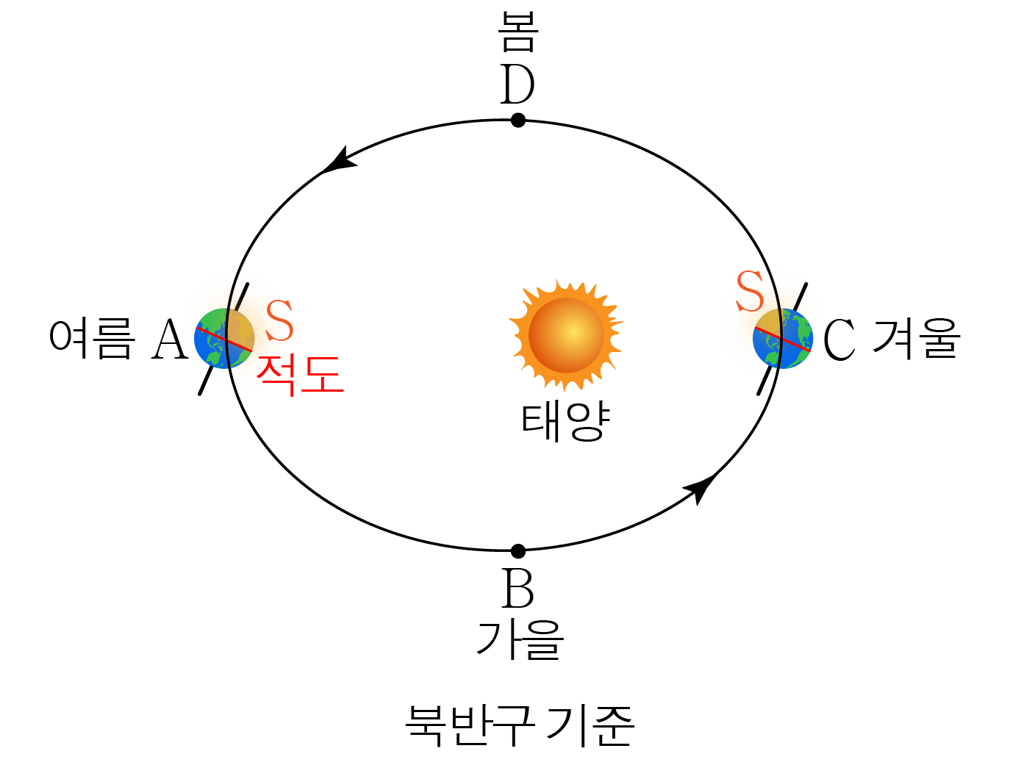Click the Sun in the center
pyautogui.click(x=566, y=335)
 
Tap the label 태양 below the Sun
pyautogui.click(x=565, y=422)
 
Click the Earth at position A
pyautogui.click(x=224, y=339)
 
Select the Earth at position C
pyautogui.click(x=783, y=339)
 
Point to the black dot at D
pyautogui.click(x=518, y=120)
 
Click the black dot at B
pyautogui.click(x=518, y=550)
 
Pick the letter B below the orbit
pyautogui.click(x=517, y=589)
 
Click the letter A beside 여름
pyautogui.click(x=170, y=340)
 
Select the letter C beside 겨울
pyautogui.click(x=839, y=340)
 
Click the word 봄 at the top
pyautogui.click(x=518, y=32)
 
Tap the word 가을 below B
pyautogui.click(x=520, y=639)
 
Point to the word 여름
pyautogui.click(x=92, y=339)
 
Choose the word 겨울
pyautogui.click(x=916, y=339)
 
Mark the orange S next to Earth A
pyautogui.click(x=279, y=321)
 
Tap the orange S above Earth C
pyautogui.click(x=750, y=292)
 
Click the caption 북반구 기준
pyautogui.click(x=519, y=725)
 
